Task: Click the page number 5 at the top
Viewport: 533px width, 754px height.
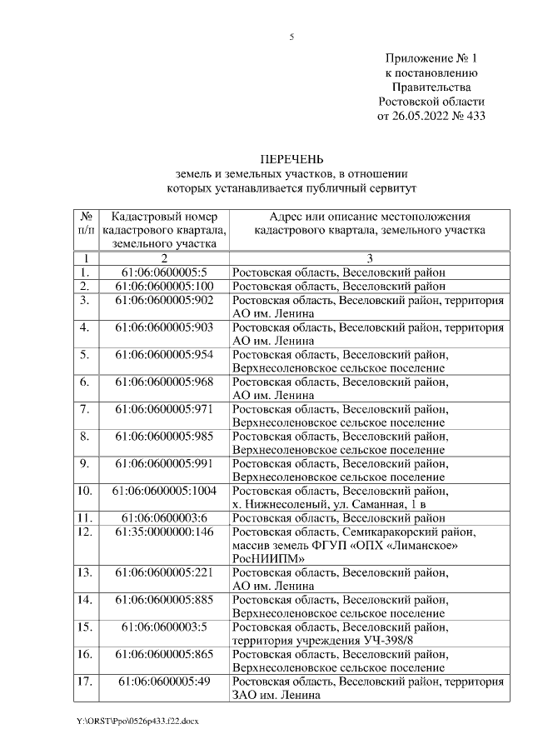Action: [x=291, y=37]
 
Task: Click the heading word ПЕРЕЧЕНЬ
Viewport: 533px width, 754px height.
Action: [x=291, y=159]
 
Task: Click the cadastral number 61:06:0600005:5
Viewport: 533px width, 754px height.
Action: [x=164, y=272]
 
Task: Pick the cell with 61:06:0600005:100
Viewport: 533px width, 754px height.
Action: [x=164, y=286]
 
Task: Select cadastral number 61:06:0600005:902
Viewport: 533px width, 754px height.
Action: [x=164, y=300]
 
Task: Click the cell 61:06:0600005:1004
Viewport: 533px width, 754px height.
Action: [x=164, y=491]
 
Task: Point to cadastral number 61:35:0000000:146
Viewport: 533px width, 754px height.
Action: [x=164, y=532]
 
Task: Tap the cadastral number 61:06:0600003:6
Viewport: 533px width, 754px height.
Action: [x=164, y=518]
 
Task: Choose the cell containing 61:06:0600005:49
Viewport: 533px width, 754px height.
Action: [x=164, y=682]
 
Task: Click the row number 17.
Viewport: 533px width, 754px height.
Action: [x=84, y=682]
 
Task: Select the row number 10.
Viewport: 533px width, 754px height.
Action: [x=84, y=491]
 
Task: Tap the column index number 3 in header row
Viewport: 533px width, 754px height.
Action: [x=369, y=258]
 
